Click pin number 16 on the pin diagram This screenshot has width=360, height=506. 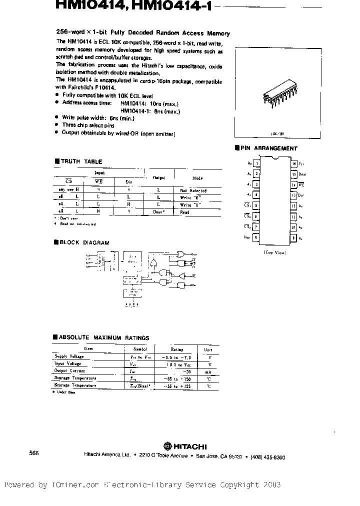pyautogui.click(x=294, y=163)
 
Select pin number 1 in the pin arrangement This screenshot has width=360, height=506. pyautogui.click(x=256, y=163)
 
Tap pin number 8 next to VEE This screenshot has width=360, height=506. pyautogui.click(x=256, y=238)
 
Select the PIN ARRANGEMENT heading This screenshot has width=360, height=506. pyautogui.click(x=268, y=148)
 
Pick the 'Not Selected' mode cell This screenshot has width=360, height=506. pyautogui.click(x=193, y=190)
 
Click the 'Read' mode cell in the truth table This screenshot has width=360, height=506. pyautogui.click(x=184, y=212)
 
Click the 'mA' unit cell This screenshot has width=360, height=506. pyautogui.click(x=207, y=371)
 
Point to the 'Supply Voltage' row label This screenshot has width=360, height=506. pyautogui.click(x=69, y=356)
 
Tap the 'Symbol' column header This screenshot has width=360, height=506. pyautogui.click(x=139, y=349)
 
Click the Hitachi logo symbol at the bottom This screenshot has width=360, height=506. pyautogui.click(x=165, y=446)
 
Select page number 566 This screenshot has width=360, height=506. pyautogui.click(x=34, y=452)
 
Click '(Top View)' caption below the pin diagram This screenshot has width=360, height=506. pyautogui.click(x=274, y=253)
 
